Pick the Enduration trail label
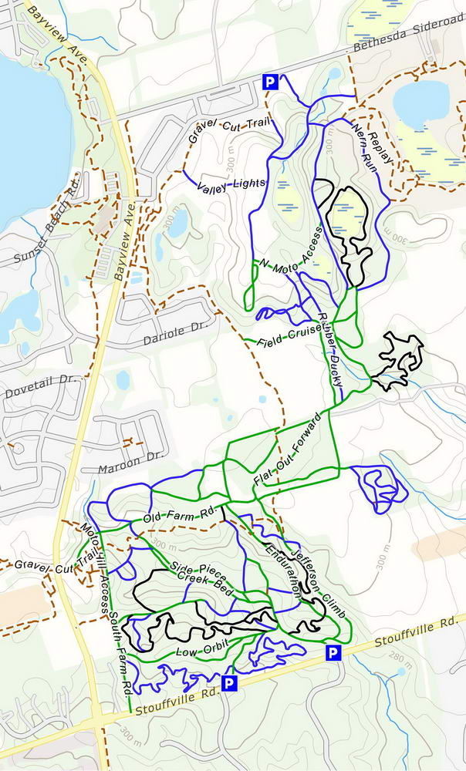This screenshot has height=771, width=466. (x=284, y=568)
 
